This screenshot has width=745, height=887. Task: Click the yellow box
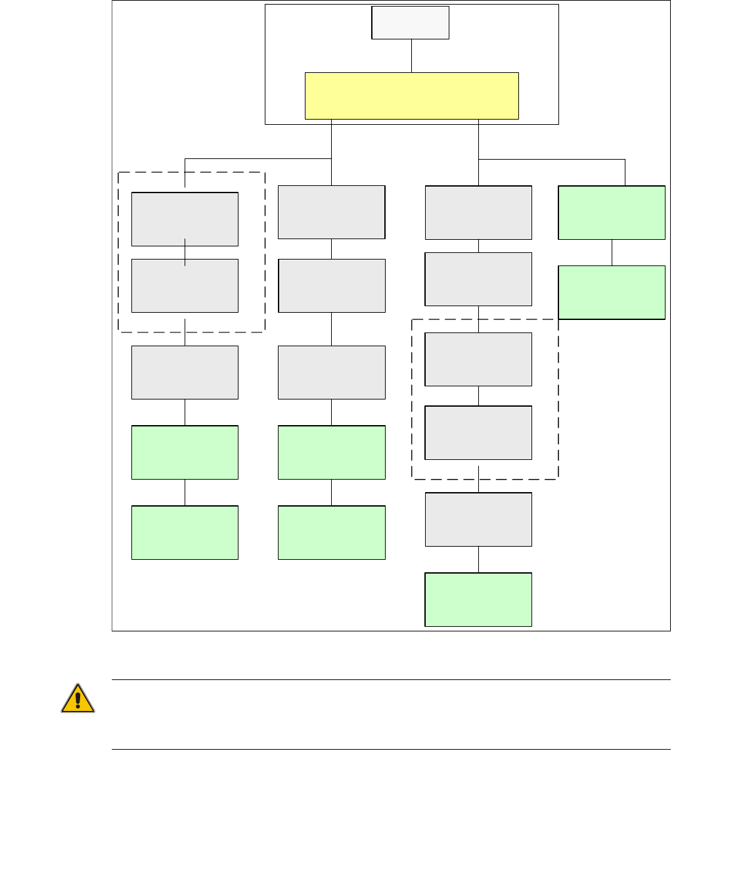pos(411,96)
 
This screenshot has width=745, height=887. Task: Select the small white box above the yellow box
pos(410,23)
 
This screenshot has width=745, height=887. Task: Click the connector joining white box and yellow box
pos(411,56)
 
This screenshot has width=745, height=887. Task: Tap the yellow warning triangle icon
pos(78,698)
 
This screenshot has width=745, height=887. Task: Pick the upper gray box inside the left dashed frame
pos(185,219)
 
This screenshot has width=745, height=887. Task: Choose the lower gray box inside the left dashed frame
pos(185,286)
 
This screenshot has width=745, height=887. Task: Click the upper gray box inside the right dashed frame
pos(478,359)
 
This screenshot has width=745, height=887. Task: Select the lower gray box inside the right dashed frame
pos(478,433)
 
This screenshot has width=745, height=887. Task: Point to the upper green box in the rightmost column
pos(612,213)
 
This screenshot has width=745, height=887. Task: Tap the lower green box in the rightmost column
pos(612,292)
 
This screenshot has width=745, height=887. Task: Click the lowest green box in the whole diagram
pos(478,599)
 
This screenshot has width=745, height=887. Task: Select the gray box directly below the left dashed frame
pos(185,373)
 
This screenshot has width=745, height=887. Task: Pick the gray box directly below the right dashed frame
pos(478,520)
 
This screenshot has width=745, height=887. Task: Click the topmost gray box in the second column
pos(331,212)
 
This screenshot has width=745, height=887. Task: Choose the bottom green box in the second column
pos(331,532)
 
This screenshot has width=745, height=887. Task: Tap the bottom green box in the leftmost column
pos(185,532)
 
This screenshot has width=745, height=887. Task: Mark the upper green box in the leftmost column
pos(185,453)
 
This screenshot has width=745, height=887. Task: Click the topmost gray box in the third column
pos(478,213)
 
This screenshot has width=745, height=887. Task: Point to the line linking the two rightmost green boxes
pos(612,252)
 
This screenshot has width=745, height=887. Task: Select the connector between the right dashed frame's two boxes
pos(478,396)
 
